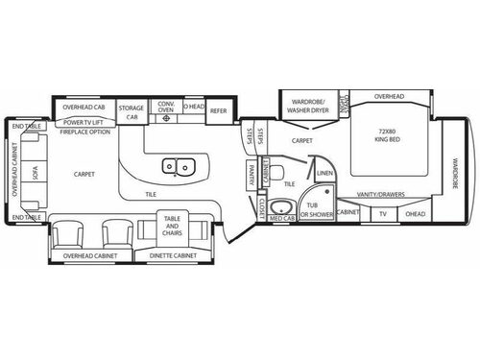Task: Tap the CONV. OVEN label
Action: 164,108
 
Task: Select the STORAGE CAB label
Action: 132,111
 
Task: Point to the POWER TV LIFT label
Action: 84,123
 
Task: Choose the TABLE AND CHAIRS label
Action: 174,228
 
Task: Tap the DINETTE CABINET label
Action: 174,256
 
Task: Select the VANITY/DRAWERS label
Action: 383,194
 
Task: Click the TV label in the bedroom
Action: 382,213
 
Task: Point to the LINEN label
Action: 324,174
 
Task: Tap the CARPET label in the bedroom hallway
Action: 302,140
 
